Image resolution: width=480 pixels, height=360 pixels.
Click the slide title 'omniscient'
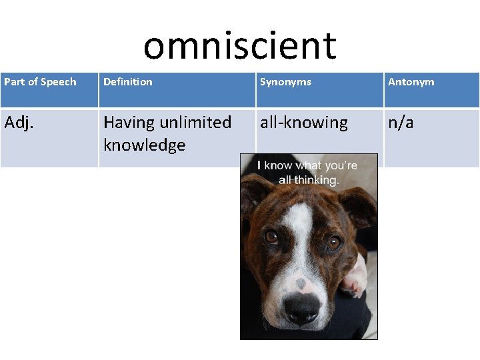(x=240, y=45)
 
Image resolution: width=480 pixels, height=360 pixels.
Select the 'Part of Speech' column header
(x=40, y=82)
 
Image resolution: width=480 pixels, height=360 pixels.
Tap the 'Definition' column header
(x=128, y=82)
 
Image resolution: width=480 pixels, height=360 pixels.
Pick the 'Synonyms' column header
(x=285, y=82)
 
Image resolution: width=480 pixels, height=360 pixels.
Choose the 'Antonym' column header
(x=411, y=82)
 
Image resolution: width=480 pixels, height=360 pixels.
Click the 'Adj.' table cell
(x=19, y=123)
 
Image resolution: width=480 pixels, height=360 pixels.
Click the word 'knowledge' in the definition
(x=145, y=145)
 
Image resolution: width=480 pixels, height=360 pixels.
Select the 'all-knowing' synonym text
(x=304, y=123)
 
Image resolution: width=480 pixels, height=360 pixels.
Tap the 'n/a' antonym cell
(x=401, y=123)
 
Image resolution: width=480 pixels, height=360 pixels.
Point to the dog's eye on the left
(x=272, y=236)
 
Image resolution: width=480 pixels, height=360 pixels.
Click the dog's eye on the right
(x=333, y=241)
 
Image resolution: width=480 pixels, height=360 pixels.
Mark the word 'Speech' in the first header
(x=59, y=82)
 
